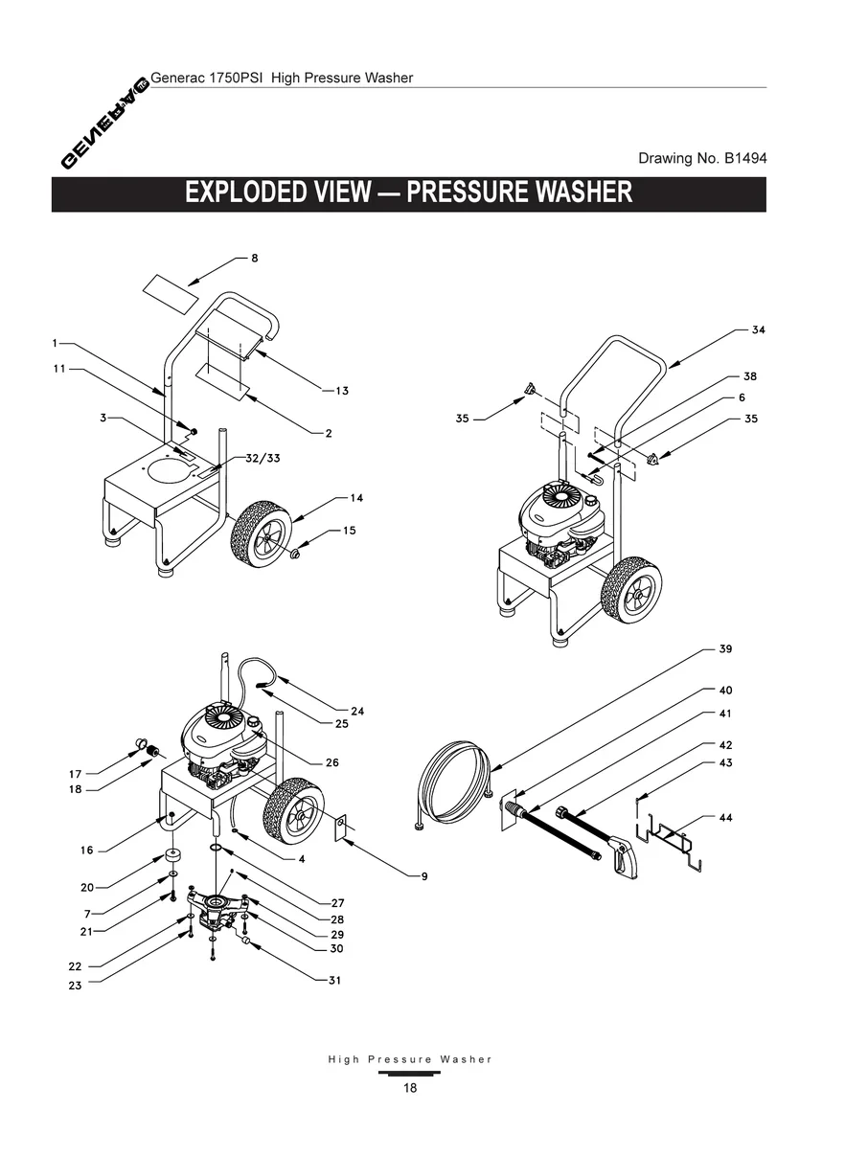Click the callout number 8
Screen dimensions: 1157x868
tap(255, 258)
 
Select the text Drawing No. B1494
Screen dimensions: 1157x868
tap(702, 158)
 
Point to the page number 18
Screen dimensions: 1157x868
tap(409, 1087)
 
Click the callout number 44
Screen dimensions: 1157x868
tap(727, 817)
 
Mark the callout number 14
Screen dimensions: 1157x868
tap(356, 498)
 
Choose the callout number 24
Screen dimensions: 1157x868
tap(356, 711)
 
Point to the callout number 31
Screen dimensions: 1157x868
tap(333, 980)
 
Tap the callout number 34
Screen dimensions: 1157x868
tap(758, 329)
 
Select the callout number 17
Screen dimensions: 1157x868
tap(75, 773)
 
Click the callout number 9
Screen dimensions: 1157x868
tap(423, 875)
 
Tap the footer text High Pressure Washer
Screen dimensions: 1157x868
tap(409, 1059)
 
